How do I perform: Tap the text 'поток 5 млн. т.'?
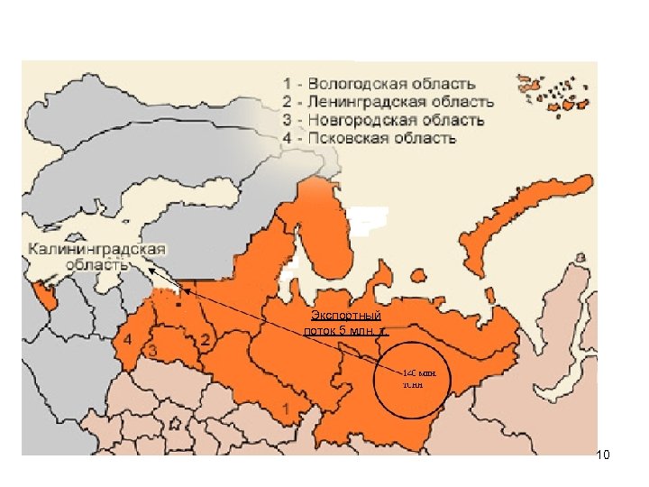pos(346,330)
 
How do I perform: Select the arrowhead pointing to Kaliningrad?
pos(151,270)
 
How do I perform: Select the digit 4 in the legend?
pos(286,138)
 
